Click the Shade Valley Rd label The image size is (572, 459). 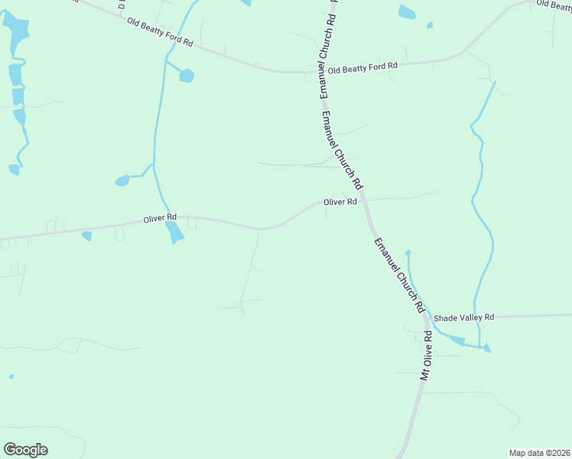463,317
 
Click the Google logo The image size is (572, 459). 25,450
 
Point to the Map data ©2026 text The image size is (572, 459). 539,453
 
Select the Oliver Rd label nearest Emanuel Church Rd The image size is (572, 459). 340,202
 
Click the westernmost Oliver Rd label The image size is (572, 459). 160,218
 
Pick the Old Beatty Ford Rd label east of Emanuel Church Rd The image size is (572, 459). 363,66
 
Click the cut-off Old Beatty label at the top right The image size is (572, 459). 554,5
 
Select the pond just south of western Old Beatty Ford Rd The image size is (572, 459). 186,76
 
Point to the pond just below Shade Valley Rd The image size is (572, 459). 453,340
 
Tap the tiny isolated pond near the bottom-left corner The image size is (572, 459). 11,376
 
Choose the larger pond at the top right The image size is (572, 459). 407,11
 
